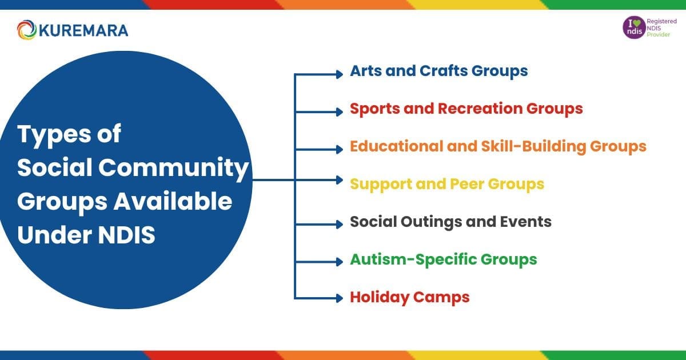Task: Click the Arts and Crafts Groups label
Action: pos(438,71)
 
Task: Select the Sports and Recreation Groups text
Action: pos(466,109)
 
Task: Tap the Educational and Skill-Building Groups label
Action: pos(498,146)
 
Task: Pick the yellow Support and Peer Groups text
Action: pos(446,184)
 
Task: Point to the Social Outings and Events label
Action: pos(450,222)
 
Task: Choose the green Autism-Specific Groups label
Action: pos(443,259)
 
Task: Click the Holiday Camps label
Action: pos(409,297)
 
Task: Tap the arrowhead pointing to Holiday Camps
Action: pos(338,297)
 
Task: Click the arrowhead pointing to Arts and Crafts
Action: pos(338,74)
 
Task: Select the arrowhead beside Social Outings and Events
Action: pos(338,223)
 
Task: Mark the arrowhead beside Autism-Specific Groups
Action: pos(338,260)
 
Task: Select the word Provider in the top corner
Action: pos(659,35)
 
